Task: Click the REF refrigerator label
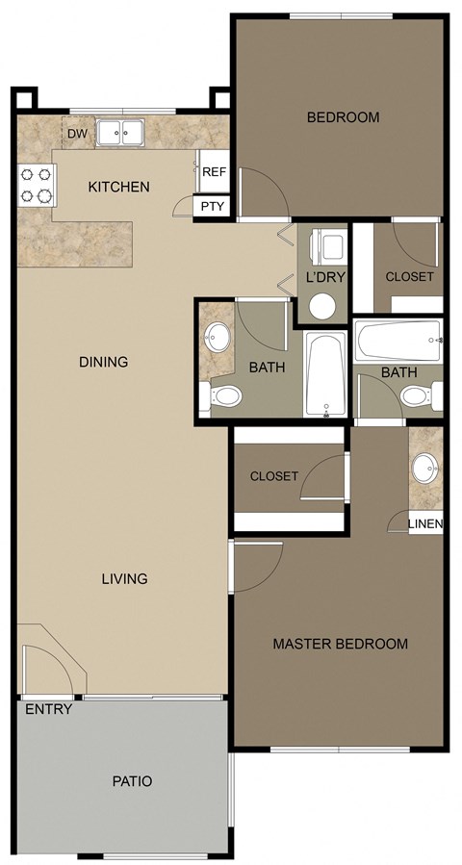pyautogui.click(x=214, y=171)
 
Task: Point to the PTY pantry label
pyautogui.click(x=211, y=206)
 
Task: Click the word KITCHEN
pyautogui.click(x=118, y=186)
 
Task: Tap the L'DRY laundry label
pyautogui.click(x=325, y=277)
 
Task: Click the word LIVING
pyautogui.click(x=125, y=578)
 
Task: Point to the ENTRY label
pyautogui.click(x=45, y=710)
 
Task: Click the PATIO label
pyautogui.click(x=131, y=781)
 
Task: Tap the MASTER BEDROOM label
pyautogui.click(x=340, y=644)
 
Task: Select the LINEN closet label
pyautogui.click(x=425, y=524)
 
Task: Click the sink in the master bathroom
pyautogui.click(x=424, y=471)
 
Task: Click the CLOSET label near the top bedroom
pyautogui.click(x=409, y=276)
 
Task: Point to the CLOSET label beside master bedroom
pyautogui.click(x=274, y=476)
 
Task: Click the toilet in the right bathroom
pyautogui.click(x=416, y=394)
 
